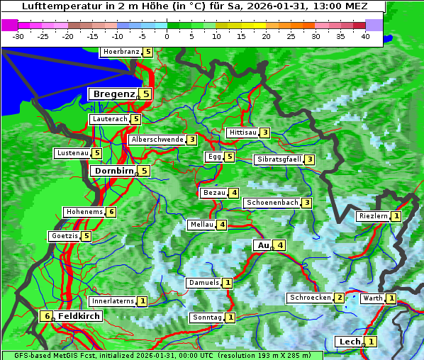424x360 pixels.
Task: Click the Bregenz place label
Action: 113,94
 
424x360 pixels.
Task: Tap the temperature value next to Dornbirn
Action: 144,171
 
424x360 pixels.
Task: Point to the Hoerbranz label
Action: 121,52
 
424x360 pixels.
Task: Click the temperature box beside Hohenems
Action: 111,212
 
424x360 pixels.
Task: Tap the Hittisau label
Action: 242,133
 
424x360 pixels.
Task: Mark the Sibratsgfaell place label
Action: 279,159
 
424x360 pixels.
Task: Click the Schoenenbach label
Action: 272,203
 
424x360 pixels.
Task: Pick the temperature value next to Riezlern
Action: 396,216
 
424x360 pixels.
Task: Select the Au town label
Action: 262,245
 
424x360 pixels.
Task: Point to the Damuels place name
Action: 203,283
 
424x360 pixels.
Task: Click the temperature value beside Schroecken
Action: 340,298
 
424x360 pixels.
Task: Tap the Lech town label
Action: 350,342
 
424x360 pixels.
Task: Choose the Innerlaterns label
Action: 113,301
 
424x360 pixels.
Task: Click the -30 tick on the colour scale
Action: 18,35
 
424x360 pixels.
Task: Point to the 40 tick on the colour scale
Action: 365,35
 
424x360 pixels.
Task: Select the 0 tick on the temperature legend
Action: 167,35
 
